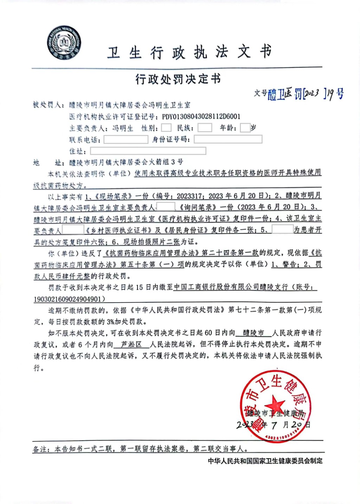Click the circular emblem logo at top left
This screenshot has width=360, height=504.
pos(64,43)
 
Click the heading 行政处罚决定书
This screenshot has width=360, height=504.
pos(178,79)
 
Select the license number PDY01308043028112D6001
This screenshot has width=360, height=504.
pos(201,117)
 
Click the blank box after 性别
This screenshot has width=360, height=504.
pos(166,128)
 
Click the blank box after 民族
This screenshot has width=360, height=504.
pos(205,128)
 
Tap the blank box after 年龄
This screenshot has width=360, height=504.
pos(245,128)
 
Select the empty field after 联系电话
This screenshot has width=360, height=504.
pos(126,140)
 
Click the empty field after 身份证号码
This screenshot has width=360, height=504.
pos(228,140)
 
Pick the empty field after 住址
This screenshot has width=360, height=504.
pos(148,151)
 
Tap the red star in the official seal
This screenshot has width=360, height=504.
pos(275,404)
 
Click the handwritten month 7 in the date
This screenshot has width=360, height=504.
pos(274,425)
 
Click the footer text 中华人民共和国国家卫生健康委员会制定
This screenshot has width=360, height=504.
pos(265,461)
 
